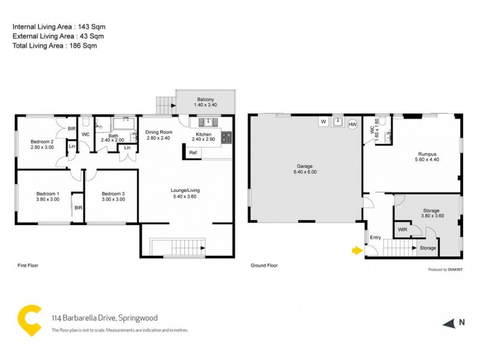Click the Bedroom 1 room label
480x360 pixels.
tap(47, 194)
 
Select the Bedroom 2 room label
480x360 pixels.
tap(42, 142)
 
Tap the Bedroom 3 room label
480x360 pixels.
tap(113, 194)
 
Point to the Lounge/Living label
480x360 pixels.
tap(185, 190)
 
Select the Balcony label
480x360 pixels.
tap(205, 99)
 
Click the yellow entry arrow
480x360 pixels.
tap(357, 251)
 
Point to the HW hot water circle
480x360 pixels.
tap(352, 124)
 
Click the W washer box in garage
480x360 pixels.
tap(323, 122)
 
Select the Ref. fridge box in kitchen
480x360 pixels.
tap(193, 153)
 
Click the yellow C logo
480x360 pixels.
tap(28, 320)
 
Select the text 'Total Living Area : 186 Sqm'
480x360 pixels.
tap(55, 46)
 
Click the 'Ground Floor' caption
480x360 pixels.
tap(264, 265)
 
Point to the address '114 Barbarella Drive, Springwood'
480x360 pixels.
tap(104, 318)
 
